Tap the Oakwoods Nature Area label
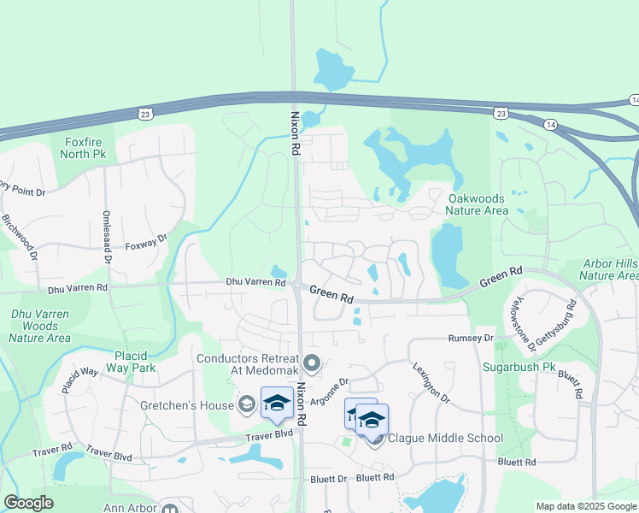click(x=478, y=204)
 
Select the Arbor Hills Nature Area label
click(x=609, y=269)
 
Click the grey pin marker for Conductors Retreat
click(x=312, y=365)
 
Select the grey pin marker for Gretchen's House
click(x=247, y=403)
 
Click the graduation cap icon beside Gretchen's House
click(x=277, y=404)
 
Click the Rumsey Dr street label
click(x=471, y=339)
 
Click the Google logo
click(x=29, y=503)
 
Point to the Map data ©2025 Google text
click(x=586, y=506)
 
